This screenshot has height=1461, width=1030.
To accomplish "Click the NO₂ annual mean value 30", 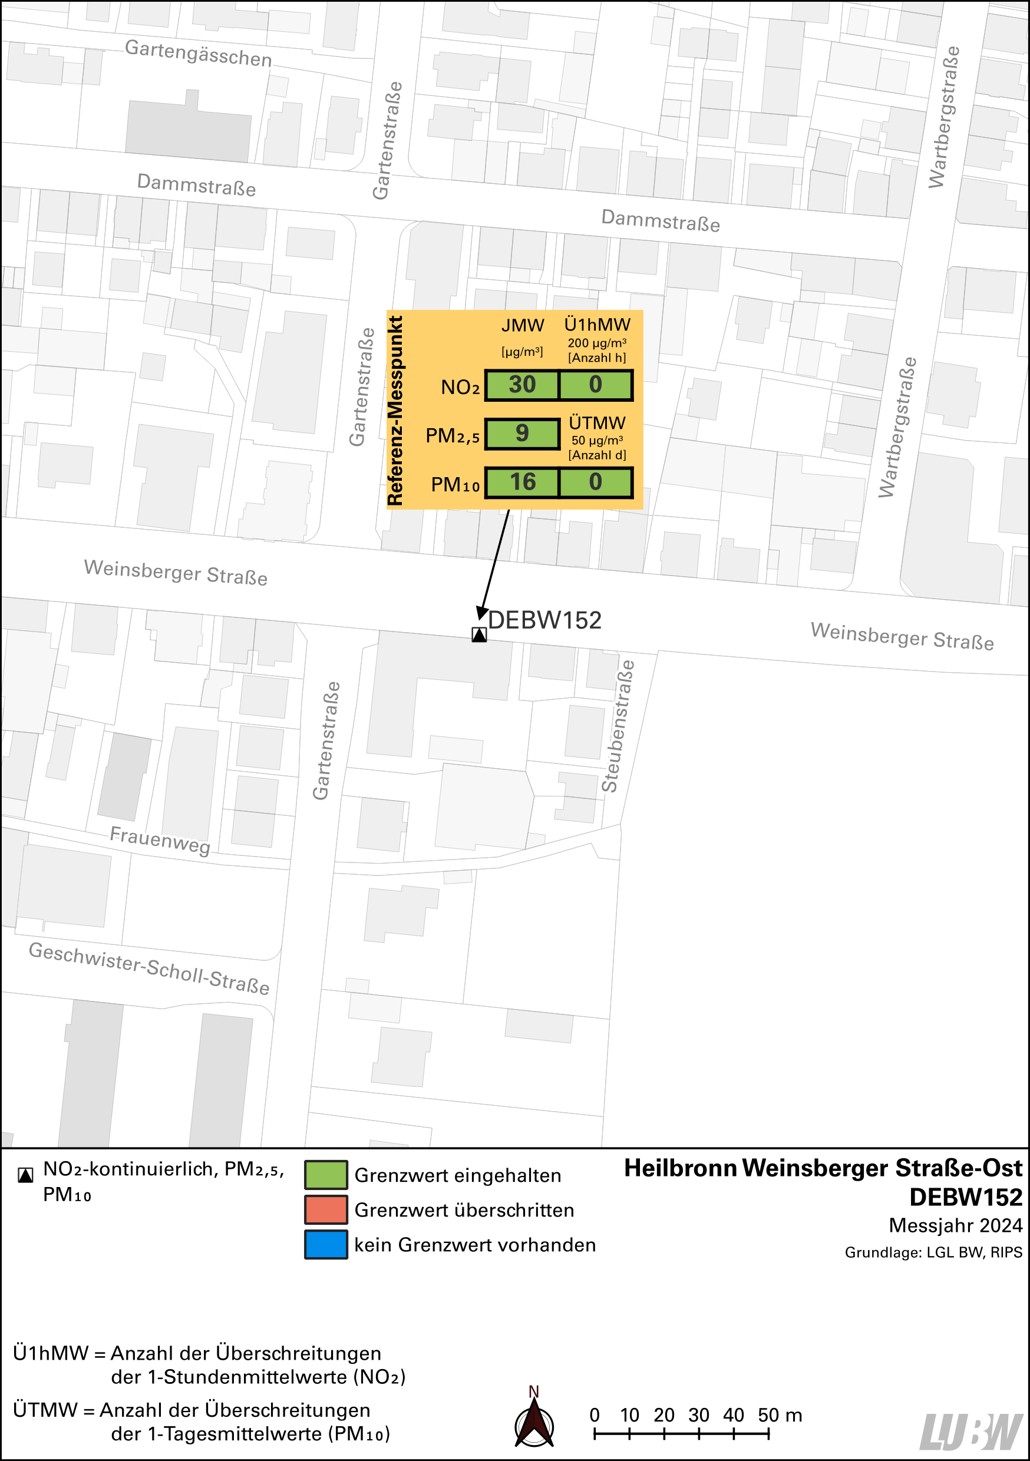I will (x=522, y=385).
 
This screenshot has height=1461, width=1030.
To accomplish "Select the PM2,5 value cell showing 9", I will (x=522, y=434).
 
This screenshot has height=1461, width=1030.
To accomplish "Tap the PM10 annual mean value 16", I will (x=522, y=482).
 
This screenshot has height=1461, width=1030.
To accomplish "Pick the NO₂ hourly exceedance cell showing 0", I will (x=596, y=385).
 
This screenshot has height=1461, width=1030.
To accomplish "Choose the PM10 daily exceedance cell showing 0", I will (x=596, y=482).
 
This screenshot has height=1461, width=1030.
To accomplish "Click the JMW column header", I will (x=523, y=326).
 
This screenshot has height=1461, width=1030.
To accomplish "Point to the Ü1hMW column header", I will (x=597, y=325).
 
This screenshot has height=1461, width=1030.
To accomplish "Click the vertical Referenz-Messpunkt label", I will (x=395, y=411).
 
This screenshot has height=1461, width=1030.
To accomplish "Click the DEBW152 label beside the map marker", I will (x=544, y=620).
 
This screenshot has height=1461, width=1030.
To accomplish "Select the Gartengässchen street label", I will (x=198, y=53).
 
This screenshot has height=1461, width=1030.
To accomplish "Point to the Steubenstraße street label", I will (x=619, y=726).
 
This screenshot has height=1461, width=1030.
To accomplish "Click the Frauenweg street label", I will (x=160, y=840).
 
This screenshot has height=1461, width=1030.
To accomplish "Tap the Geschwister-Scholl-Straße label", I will (x=150, y=968).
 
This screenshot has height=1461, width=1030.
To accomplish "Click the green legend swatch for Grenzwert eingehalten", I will (x=326, y=1175).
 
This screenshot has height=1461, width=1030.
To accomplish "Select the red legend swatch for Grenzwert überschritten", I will (x=326, y=1209).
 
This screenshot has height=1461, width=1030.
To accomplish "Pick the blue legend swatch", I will (x=326, y=1245).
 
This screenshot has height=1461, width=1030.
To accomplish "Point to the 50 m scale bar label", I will (x=779, y=1415).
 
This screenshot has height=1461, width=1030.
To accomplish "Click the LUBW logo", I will (x=971, y=1431).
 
